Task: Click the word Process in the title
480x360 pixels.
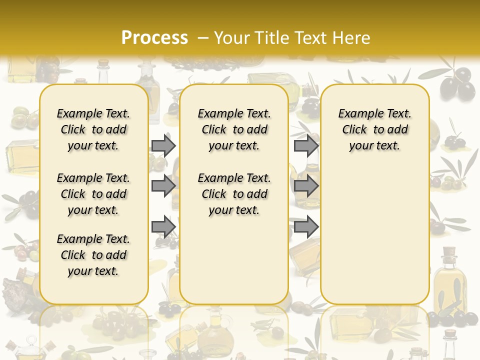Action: pos(154,37)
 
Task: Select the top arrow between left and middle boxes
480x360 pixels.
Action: pos(163,145)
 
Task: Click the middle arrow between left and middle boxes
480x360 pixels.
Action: pos(163,186)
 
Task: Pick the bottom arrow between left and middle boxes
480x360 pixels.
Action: pos(163,227)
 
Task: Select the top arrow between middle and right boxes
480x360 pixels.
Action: pos(306,145)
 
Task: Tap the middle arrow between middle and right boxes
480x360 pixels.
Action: pos(306,186)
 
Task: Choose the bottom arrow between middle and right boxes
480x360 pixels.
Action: pos(306,227)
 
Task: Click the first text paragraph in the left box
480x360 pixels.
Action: pos(93,129)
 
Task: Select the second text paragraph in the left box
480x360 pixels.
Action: pos(93,194)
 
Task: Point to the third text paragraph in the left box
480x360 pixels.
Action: pos(93,255)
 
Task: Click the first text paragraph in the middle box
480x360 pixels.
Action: pos(234,129)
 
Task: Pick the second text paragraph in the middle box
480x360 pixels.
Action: pos(234,194)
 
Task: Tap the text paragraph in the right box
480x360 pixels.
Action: pos(374,129)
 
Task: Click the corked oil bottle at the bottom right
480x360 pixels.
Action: pos(449,280)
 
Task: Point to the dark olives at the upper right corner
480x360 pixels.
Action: pos(457,82)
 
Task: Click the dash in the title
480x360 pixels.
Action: pos(203,38)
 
